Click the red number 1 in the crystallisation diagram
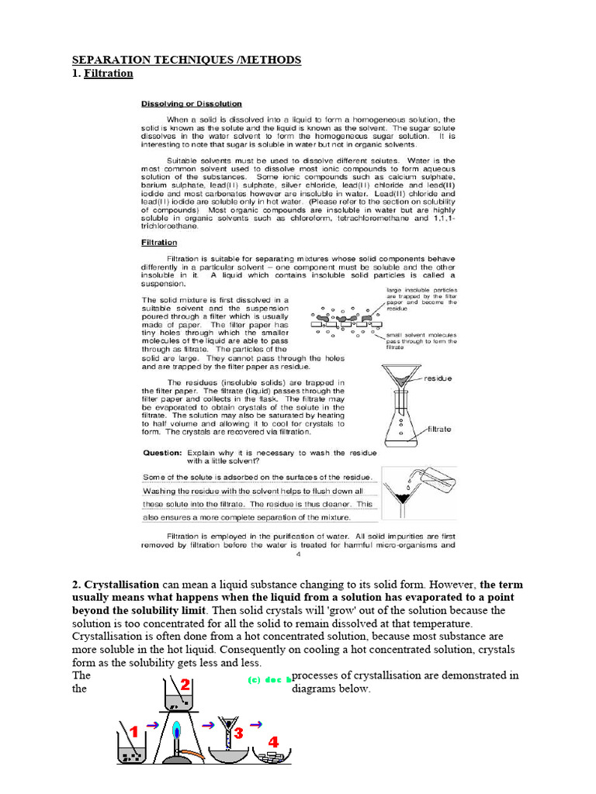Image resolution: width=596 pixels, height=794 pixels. [x=133, y=731]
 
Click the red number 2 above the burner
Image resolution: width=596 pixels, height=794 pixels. [x=185, y=685]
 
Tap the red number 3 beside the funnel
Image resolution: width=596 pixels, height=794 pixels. [x=239, y=732]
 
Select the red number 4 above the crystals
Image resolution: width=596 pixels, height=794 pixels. [x=273, y=742]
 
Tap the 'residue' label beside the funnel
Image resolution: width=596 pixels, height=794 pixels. [x=438, y=378]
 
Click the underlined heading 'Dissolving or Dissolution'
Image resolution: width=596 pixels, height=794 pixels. [x=191, y=103]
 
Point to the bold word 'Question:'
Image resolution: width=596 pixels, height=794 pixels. [x=161, y=452]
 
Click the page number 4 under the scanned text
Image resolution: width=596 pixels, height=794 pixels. [x=298, y=554]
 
